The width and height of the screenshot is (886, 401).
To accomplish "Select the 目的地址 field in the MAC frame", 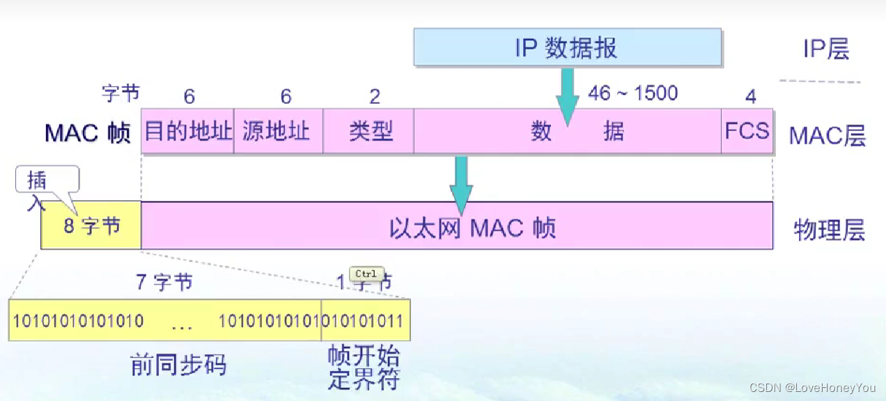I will point(187,131).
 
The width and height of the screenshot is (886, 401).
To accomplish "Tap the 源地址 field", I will point(278,131).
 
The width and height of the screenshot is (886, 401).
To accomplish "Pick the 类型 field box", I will point(368,131).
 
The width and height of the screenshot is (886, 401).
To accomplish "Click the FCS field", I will point(747,131).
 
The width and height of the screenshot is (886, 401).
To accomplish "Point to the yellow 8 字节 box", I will point(91,226).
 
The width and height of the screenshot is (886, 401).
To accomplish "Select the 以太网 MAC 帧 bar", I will point(457,226).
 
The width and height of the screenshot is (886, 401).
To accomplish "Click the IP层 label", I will point(826,49).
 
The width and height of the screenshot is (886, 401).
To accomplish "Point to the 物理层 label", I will point(829,229).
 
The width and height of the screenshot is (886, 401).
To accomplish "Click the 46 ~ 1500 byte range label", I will point(632,93).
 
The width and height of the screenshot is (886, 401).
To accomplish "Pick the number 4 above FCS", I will point(750,96).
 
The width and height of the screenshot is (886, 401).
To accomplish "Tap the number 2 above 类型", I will point(374,96).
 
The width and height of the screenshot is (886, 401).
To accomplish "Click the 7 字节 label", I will point(164,282).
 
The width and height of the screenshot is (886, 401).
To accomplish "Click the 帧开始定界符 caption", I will point(363,368).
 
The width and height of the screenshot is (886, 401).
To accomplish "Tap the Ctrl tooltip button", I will point(366,274).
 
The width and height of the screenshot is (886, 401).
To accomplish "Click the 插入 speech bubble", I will point(47,181).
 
